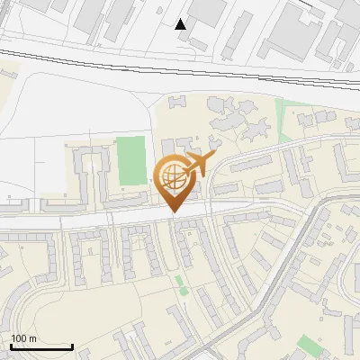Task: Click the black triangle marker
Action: pyautogui.click(x=181, y=23)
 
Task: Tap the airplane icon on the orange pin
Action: pyautogui.click(x=197, y=165)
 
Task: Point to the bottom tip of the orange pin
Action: pyautogui.click(x=173, y=211)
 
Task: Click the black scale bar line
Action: pyautogui.click(x=41, y=346)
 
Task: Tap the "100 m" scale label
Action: pyautogui.click(x=23, y=338)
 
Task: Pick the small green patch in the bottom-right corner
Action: pyautogui.click(x=310, y=344)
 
